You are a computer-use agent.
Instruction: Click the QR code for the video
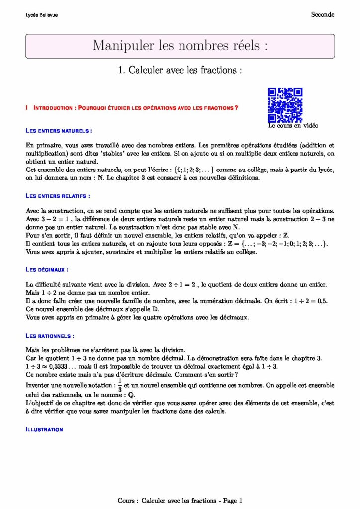coord(285,105)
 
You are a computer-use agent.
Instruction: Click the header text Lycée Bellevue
coord(41,15)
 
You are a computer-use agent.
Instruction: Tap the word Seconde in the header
coord(323,15)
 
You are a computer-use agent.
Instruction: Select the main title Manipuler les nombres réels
coord(180,46)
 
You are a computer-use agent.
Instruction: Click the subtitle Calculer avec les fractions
coord(180,71)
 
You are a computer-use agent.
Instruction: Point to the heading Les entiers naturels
coord(59,131)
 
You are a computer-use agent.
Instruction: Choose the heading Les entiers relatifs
coord(58,196)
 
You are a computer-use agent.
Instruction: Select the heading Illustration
coord(44,429)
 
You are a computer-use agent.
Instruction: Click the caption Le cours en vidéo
coord(293,126)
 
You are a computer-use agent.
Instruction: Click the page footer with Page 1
coord(180,501)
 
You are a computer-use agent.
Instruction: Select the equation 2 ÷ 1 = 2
coord(175,284)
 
